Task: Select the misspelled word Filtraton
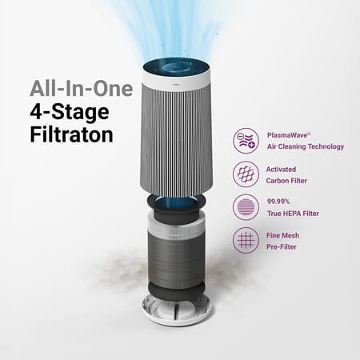71,134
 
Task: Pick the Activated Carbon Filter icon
245,174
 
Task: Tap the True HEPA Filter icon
245,207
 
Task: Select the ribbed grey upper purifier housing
176,136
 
